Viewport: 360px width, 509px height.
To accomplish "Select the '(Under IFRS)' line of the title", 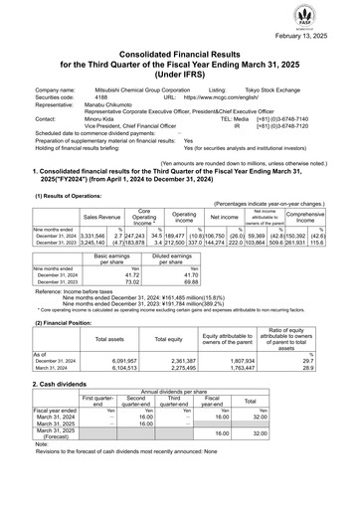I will (x=180, y=77).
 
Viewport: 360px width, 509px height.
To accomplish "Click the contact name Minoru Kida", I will (x=114, y=123).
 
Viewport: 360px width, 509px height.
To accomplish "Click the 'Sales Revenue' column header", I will (x=103, y=214).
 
